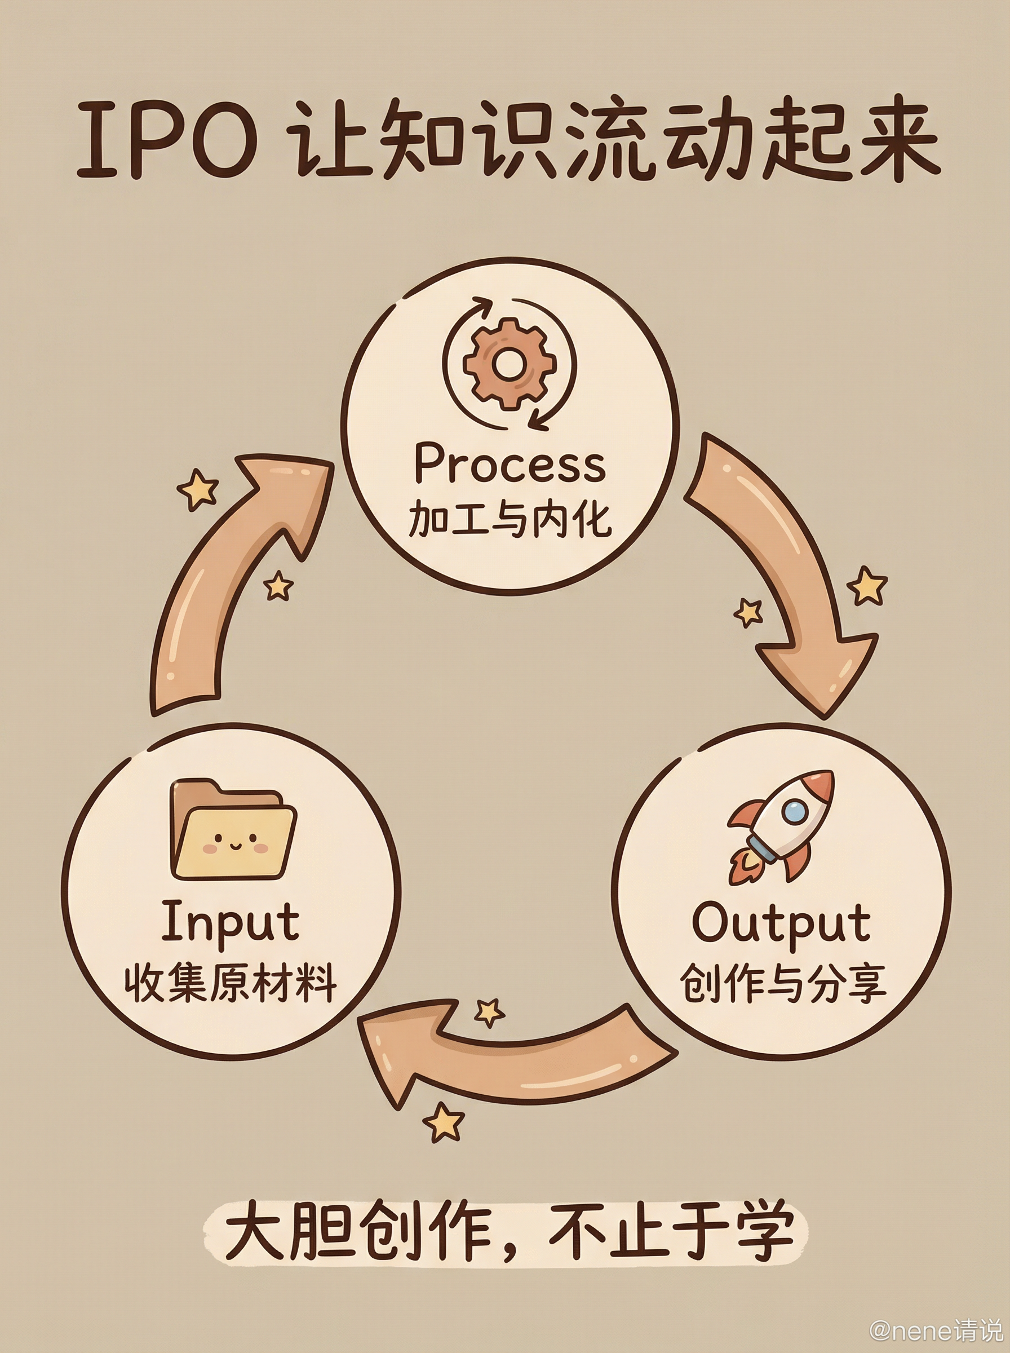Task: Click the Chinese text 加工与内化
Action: pyautogui.click(x=510, y=520)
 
